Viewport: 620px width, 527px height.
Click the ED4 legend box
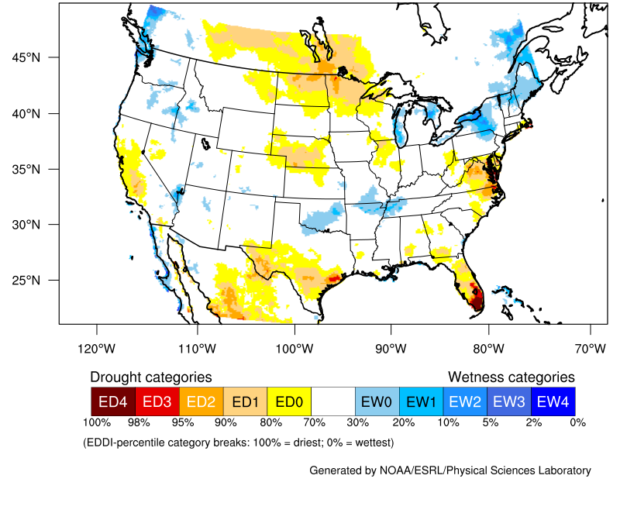[113, 401]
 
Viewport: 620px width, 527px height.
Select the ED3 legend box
[157, 401]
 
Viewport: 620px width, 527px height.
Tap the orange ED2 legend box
[201, 401]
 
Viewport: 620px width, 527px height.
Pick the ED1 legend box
[245, 401]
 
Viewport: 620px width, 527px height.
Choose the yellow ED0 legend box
[289, 401]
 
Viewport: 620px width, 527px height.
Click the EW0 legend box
[377, 401]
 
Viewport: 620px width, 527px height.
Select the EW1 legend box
[421, 401]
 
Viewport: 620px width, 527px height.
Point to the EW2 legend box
[465, 401]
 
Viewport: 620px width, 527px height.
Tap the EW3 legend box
[509, 401]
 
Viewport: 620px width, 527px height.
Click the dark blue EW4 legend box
[553, 401]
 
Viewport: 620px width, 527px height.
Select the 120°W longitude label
[97, 348]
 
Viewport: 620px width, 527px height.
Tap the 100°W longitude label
[294, 348]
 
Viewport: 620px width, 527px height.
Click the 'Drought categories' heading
[151, 377]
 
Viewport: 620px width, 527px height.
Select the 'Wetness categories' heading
[511, 377]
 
